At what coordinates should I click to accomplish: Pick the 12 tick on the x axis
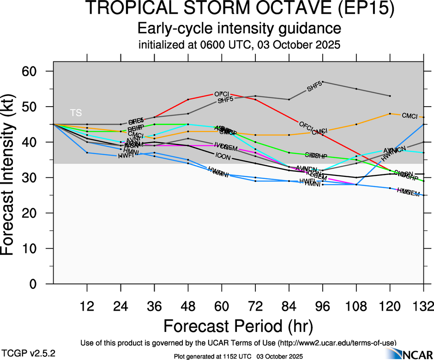click(x=87, y=306)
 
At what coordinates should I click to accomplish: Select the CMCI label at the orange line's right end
click(x=410, y=115)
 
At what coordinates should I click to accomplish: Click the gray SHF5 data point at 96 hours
click(x=322, y=82)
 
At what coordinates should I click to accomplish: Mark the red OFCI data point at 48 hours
click(x=188, y=100)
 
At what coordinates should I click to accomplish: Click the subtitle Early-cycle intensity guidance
click(x=239, y=29)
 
